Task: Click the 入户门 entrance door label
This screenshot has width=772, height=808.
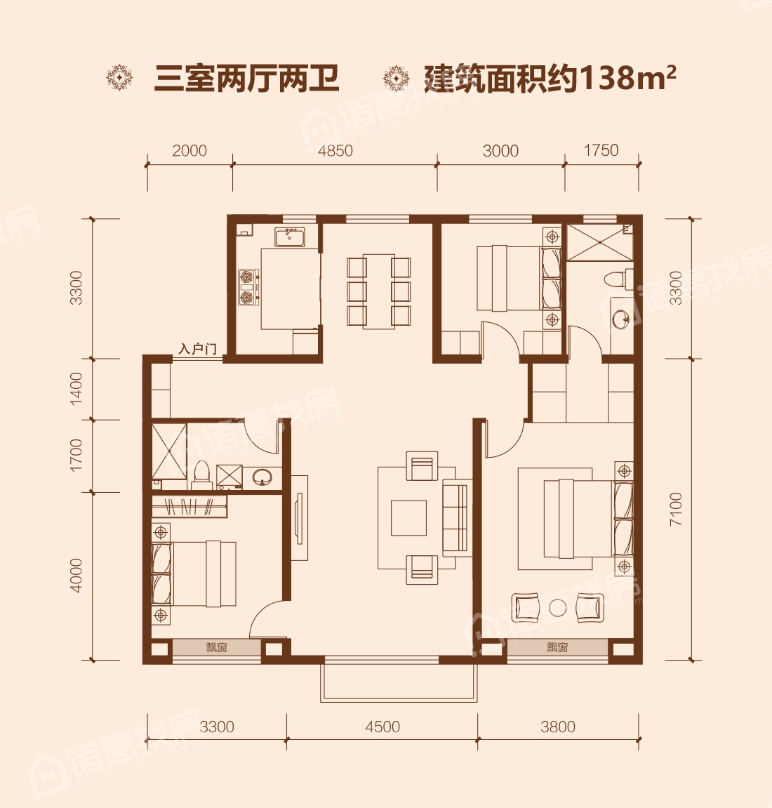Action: pyautogui.click(x=197, y=349)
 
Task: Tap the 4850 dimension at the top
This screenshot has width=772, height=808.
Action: pyautogui.click(x=335, y=150)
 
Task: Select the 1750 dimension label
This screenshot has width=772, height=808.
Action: pyautogui.click(x=601, y=150)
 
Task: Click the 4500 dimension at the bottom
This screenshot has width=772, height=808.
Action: pyautogui.click(x=382, y=727)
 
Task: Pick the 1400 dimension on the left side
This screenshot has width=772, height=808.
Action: pyautogui.click(x=76, y=388)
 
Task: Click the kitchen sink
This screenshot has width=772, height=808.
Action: pyautogui.click(x=289, y=237)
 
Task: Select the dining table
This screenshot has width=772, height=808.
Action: pyautogui.click(x=379, y=291)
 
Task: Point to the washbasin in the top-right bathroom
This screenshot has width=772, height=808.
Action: pyautogui.click(x=622, y=319)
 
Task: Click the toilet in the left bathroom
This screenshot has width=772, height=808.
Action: pyautogui.click(x=201, y=475)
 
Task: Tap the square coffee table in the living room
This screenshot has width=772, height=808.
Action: pyautogui.click(x=409, y=518)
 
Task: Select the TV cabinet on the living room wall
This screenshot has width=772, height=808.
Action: pyautogui.click(x=299, y=518)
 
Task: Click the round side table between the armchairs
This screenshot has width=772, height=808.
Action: pyautogui.click(x=557, y=608)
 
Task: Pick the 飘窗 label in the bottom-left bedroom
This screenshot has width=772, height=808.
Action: pyautogui.click(x=216, y=647)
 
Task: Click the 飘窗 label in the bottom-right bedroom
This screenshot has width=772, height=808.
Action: pyautogui.click(x=558, y=647)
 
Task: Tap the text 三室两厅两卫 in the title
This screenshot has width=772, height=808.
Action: pyautogui.click(x=247, y=79)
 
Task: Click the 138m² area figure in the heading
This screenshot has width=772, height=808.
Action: pyautogui.click(x=627, y=78)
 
